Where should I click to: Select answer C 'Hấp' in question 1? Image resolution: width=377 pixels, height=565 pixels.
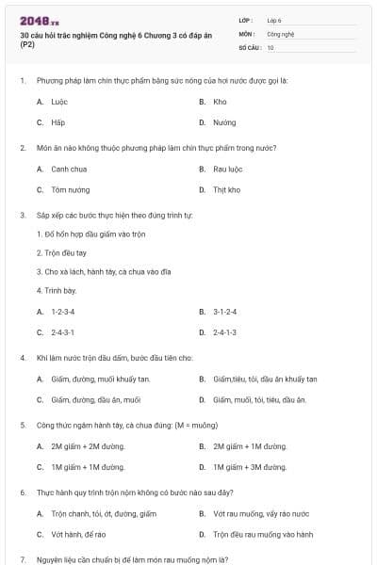[x=57, y=122]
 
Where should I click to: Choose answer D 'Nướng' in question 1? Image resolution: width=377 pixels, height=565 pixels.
[x=224, y=122]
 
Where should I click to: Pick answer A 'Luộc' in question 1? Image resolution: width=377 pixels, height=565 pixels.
[x=58, y=101]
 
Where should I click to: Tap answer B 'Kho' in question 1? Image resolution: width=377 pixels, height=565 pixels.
[x=220, y=101]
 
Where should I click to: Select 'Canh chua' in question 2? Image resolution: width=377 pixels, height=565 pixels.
[x=69, y=169]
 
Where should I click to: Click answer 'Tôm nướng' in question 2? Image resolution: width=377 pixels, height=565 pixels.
[x=71, y=189]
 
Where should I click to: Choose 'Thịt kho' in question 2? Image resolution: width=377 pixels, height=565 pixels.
[x=227, y=189]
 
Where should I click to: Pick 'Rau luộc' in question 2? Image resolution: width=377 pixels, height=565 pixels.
[x=227, y=169]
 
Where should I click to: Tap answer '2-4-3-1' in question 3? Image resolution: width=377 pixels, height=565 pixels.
[x=63, y=332]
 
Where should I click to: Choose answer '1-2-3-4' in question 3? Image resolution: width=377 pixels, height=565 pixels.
[x=63, y=311]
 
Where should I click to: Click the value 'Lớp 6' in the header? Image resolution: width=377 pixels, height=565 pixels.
[x=274, y=20]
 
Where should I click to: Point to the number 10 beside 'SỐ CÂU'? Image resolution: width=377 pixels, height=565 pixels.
[x=270, y=47]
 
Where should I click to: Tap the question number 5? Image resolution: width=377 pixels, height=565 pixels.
[x=22, y=425]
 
